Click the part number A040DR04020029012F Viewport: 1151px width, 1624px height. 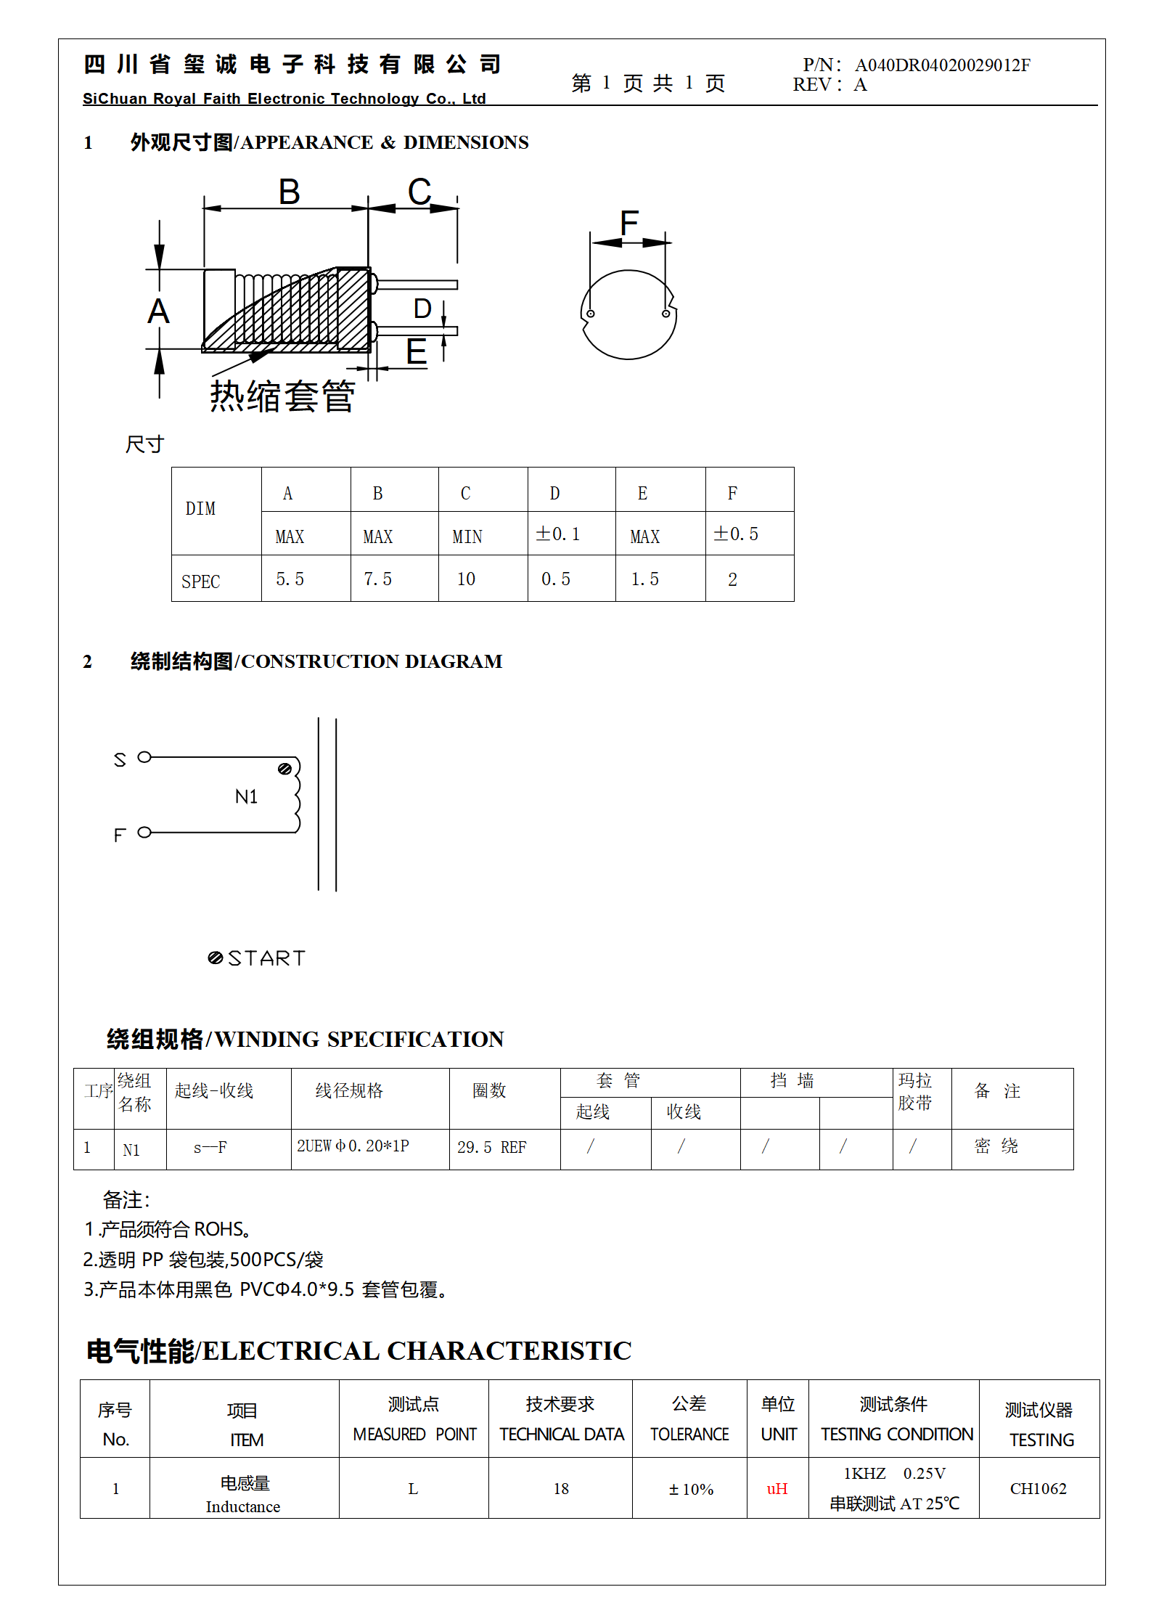[942, 65]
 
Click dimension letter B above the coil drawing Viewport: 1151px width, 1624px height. [289, 192]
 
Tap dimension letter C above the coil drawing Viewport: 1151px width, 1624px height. [419, 192]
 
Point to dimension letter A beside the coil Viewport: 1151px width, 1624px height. [158, 311]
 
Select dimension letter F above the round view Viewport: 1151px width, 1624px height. [628, 222]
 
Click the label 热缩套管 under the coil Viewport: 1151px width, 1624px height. [282, 396]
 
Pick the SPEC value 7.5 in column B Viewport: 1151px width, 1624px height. [377, 579]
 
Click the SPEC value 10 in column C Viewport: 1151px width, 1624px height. [466, 579]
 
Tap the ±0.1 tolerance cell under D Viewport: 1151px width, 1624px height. [557, 534]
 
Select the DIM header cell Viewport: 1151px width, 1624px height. [200, 509]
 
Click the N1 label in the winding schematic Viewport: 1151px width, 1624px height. [246, 797]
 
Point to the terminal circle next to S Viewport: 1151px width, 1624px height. [144, 757]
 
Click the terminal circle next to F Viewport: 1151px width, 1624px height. [144, 833]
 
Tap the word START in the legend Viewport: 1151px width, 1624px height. [266, 958]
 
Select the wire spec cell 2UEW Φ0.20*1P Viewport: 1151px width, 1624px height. [353, 1146]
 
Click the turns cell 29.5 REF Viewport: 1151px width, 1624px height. [491, 1148]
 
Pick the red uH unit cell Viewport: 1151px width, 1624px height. [777, 1489]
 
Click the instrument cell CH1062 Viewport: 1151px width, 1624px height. [1038, 1489]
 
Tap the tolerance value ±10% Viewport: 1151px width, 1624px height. [690, 1490]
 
